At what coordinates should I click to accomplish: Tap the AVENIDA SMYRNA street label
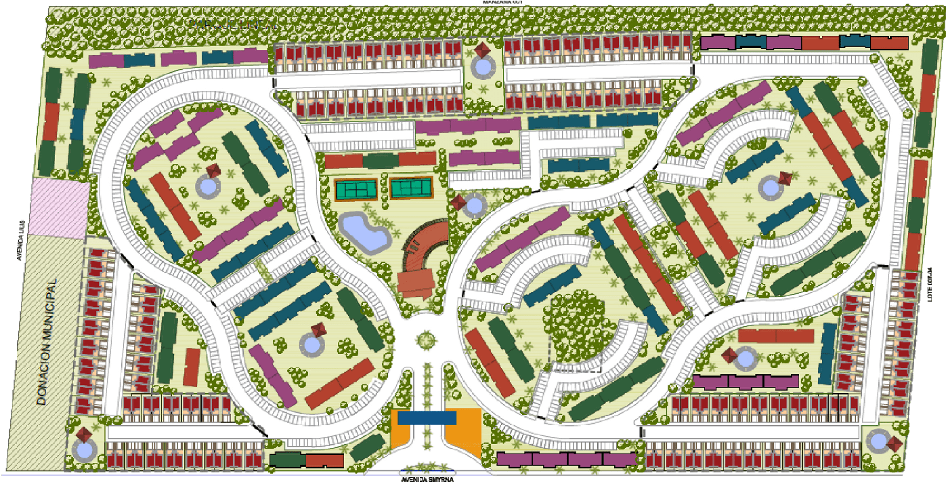tap(426, 479)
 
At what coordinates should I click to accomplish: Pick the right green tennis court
tap(410, 188)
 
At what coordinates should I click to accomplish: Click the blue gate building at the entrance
tap(427, 418)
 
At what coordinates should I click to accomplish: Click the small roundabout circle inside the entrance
tap(427, 339)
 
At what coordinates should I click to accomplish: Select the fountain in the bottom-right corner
tap(879, 441)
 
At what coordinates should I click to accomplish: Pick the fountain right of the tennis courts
tap(475, 204)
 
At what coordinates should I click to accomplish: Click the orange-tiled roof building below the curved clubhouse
tap(415, 282)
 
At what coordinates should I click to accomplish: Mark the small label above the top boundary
tap(502, 3)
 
